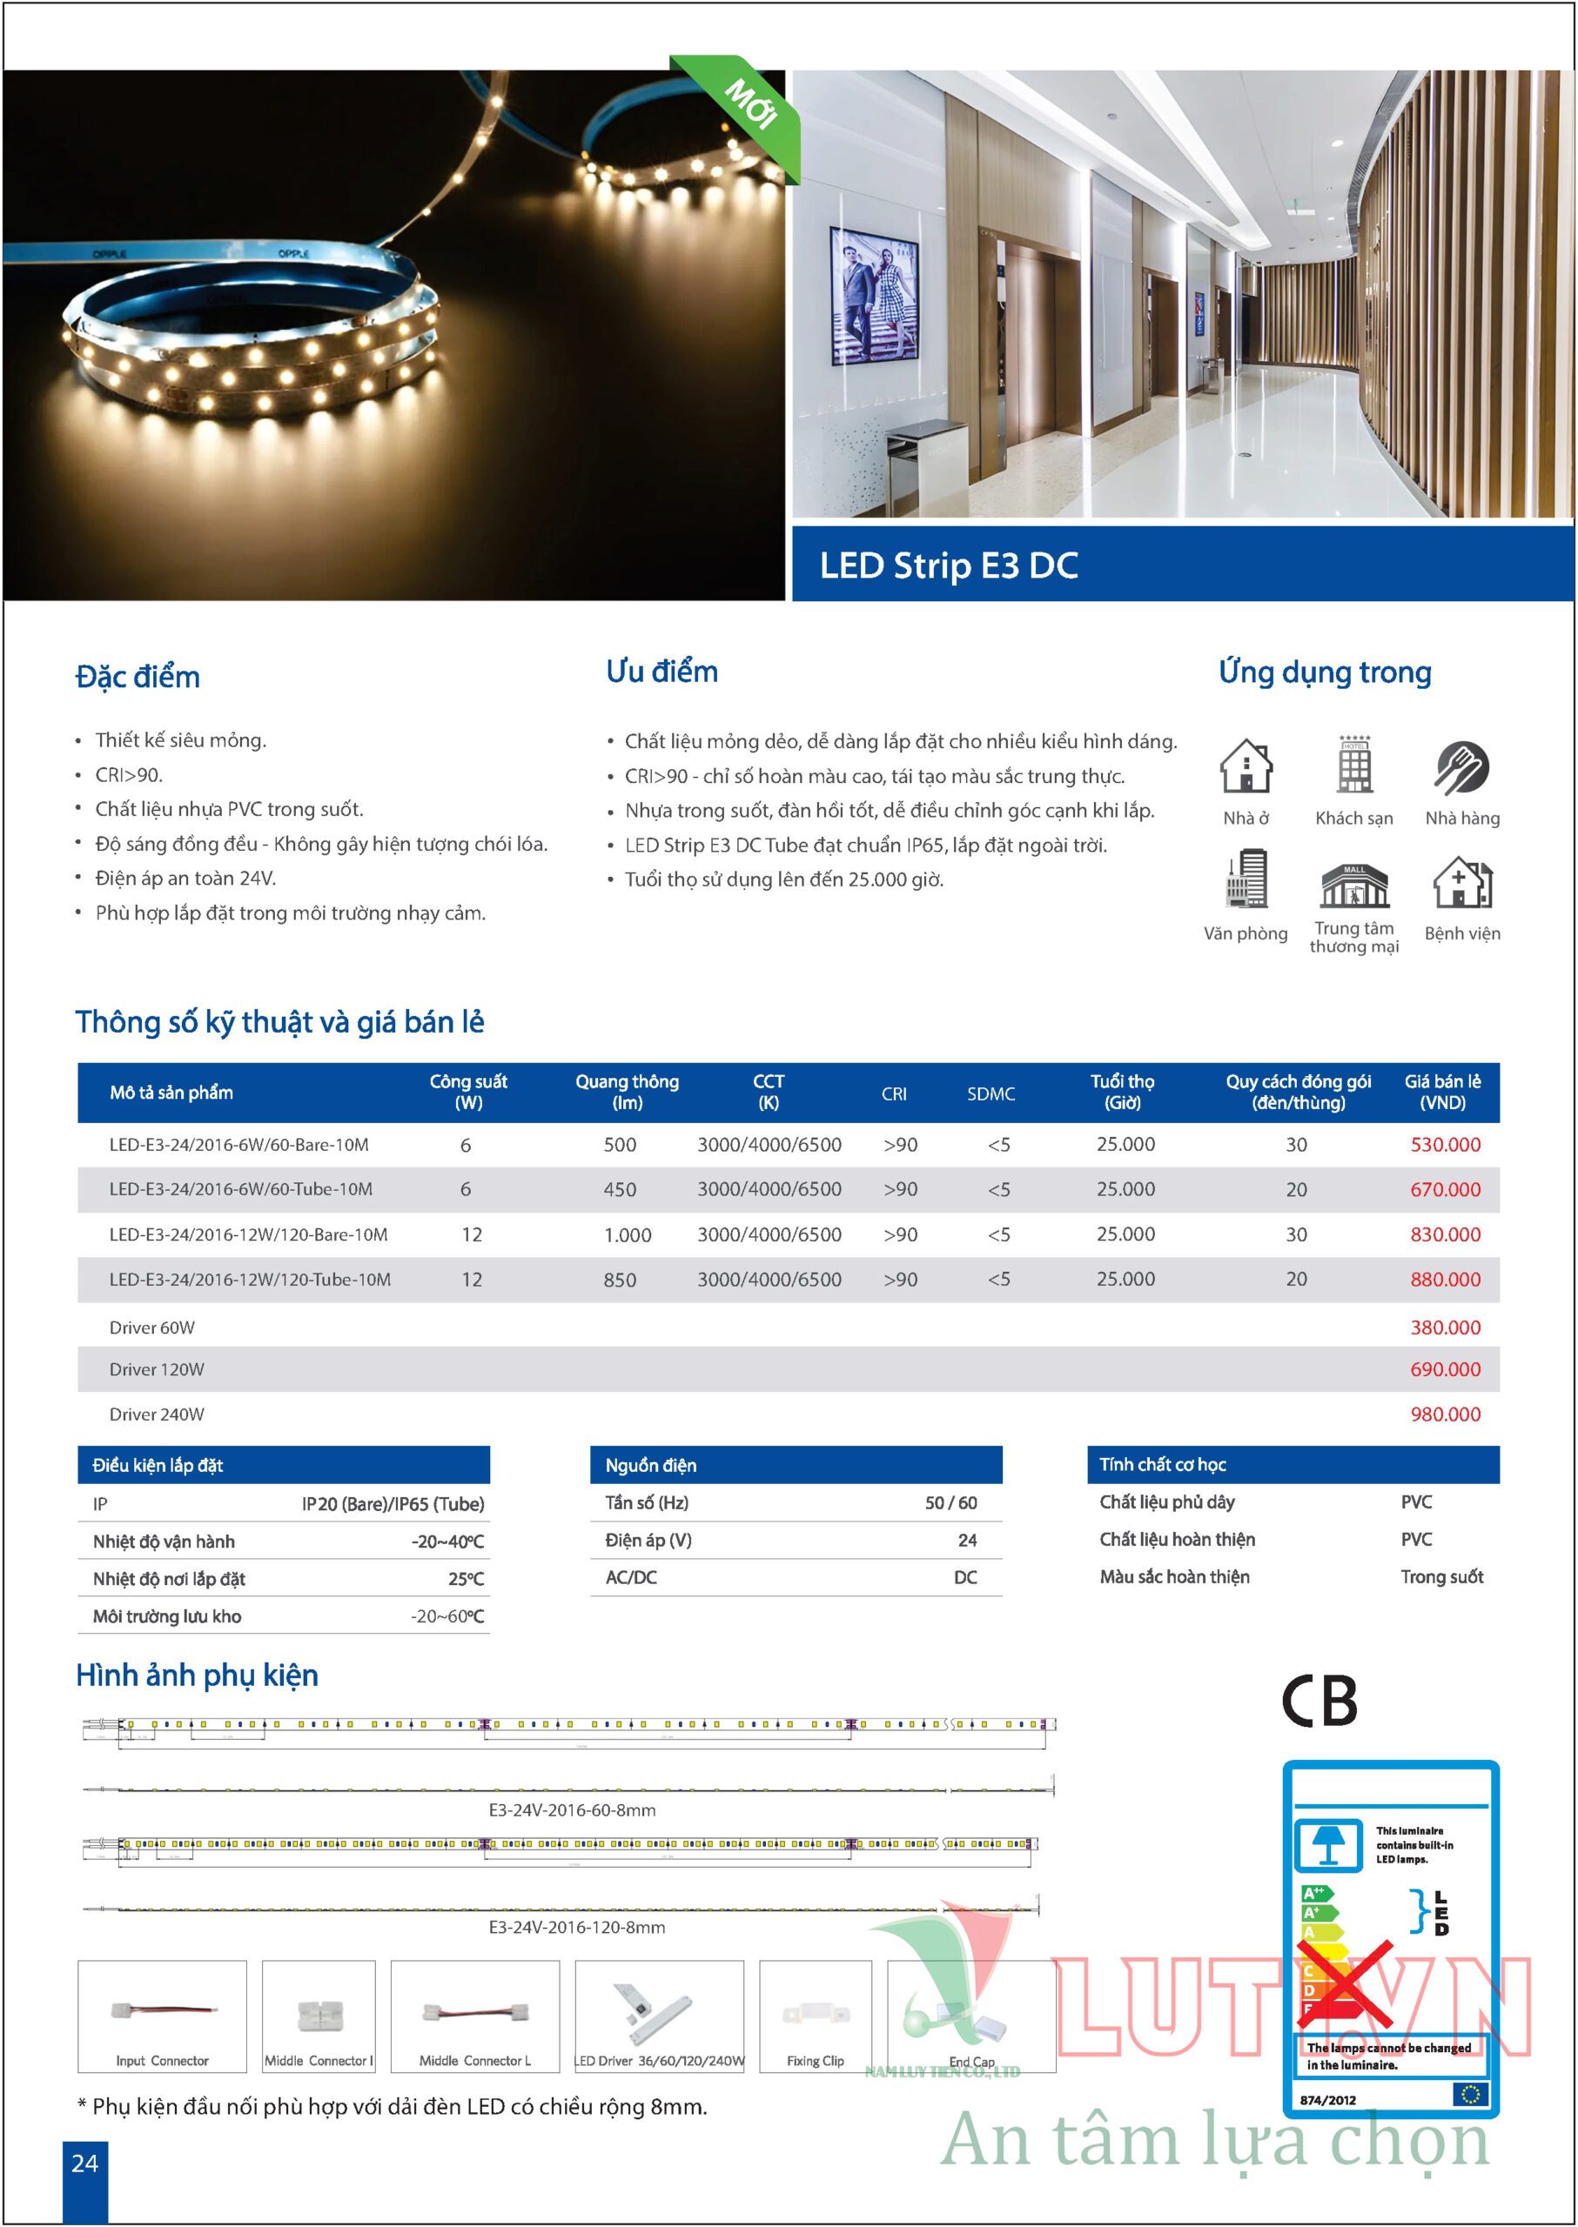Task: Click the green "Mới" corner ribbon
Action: coord(749,107)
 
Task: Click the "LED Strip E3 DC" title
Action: coord(949,565)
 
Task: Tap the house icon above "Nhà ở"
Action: coord(1246,766)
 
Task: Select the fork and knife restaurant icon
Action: coord(1461,767)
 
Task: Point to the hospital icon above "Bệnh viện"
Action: coord(1461,882)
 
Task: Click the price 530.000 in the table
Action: coord(1445,1144)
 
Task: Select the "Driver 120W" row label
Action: coord(157,1369)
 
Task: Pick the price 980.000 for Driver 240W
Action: coord(1445,1414)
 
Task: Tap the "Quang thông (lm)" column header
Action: coord(627,1092)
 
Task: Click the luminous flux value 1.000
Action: coord(627,1234)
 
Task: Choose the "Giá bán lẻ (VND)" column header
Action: coord(1442,1092)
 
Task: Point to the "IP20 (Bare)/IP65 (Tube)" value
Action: coord(393,1504)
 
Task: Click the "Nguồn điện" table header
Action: coord(651,1466)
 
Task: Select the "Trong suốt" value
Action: coord(1441,1577)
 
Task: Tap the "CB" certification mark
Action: coord(1319,1700)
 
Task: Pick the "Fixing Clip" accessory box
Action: coord(816,2016)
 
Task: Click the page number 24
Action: coord(84,2163)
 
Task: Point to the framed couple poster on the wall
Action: coord(874,297)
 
